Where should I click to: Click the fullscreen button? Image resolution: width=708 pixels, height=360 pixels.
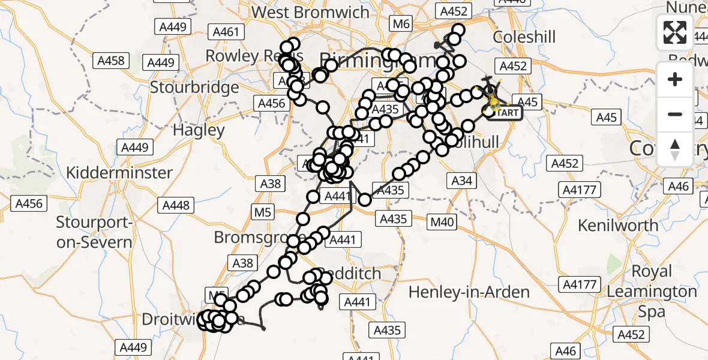[675, 32]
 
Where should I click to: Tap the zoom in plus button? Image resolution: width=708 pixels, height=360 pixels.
[675, 79]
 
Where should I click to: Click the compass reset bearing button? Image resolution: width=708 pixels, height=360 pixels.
[675, 149]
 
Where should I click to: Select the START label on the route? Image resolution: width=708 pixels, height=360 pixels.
[506, 112]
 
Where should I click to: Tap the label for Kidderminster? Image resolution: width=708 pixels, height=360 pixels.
[119, 173]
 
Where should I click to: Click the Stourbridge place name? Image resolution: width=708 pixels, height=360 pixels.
[194, 88]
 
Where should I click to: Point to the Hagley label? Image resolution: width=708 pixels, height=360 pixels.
[198, 130]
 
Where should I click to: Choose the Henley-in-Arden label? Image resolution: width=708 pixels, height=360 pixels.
[469, 292]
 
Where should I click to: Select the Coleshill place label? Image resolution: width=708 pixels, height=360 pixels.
[524, 37]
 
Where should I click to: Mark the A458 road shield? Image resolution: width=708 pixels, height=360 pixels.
[110, 60]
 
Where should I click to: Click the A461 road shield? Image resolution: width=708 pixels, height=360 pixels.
[224, 31]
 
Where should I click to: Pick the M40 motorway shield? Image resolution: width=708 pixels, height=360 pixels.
[443, 222]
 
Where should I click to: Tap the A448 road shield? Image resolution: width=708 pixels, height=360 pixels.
[176, 205]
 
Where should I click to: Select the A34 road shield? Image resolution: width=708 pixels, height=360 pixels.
[461, 181]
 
